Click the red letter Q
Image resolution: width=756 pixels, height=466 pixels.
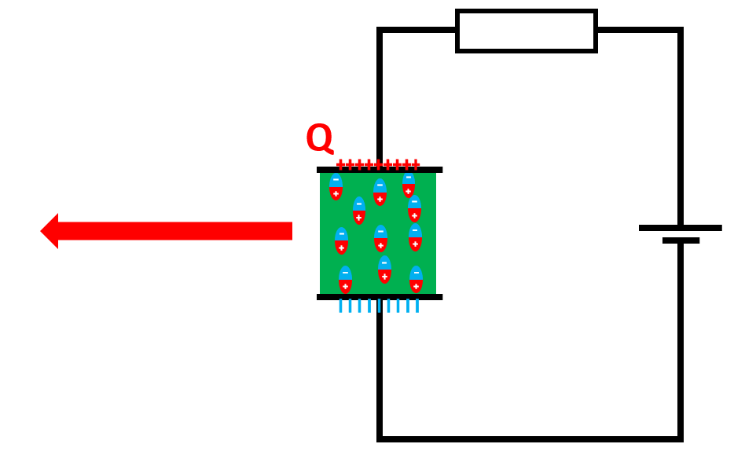click(x=319, y=138)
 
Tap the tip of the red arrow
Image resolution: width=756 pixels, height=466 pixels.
click(x=42, y=231)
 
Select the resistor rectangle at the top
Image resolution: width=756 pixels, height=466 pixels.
click(x=526, y=31)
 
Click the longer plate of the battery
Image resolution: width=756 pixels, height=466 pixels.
click(x=680, y=228)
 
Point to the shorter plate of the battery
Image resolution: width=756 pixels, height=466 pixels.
click(x=681, y=240)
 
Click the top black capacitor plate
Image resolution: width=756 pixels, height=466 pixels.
click(x=379, y=170)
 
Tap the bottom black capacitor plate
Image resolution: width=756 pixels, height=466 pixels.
click(x=379, y=297)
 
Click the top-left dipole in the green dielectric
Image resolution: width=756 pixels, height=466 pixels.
click(x=336, y=187)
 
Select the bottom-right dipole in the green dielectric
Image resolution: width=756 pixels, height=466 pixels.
click(x=416, y=280)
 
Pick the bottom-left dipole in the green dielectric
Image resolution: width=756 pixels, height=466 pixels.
click(x=345, y=280)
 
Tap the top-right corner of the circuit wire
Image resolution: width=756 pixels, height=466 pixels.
click(x=680, y=31)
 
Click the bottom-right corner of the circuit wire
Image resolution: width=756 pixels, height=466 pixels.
click(x=680, y=438)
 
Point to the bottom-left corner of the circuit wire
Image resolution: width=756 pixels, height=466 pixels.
click(x=380, y=438)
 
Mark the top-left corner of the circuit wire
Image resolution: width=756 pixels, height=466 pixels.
click(x=380, y=31)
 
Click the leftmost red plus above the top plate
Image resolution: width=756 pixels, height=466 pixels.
click(x=340, y=164)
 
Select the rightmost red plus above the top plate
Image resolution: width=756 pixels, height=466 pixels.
click(x=416, y=164)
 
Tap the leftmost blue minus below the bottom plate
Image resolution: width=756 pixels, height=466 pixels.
click(x=340, y=306)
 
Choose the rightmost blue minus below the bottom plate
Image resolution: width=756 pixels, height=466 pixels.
click(x=417, y=306)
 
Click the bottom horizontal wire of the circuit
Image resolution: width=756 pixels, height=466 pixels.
click(x=530, y=438)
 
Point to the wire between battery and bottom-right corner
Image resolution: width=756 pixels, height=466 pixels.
click(x=680, y=338)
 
